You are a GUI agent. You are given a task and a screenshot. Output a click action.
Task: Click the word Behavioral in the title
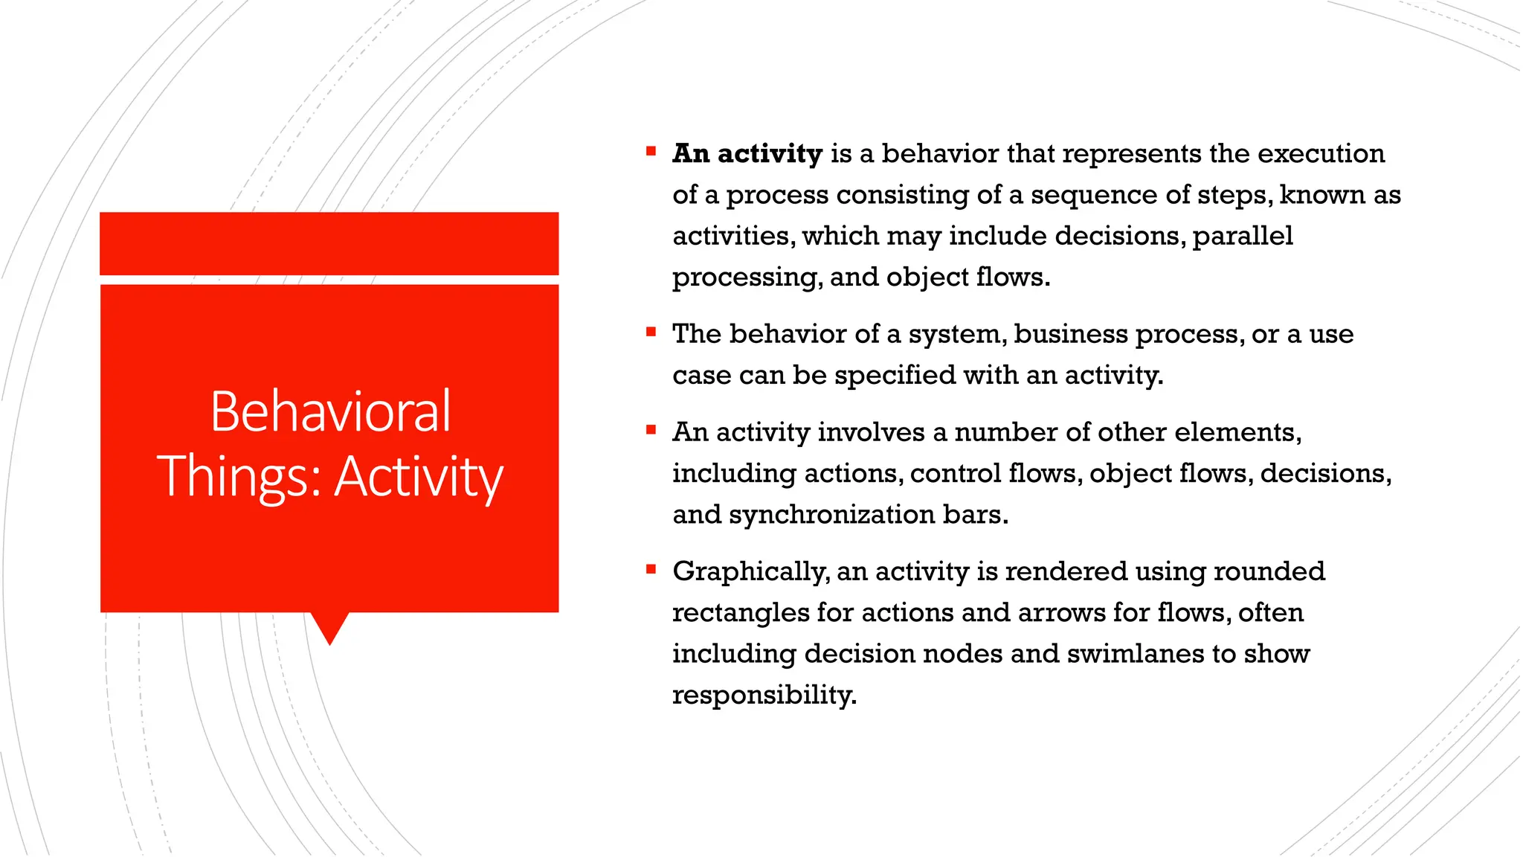(x=330, y=411)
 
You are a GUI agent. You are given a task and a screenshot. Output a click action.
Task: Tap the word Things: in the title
(x=239, y=476)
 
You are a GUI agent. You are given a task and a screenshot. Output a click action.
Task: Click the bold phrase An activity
(x=747, y=154)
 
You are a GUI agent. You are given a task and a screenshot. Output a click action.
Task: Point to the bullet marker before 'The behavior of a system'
(x=651, y=332)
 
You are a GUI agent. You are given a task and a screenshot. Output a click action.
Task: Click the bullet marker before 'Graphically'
(x=651, y=570)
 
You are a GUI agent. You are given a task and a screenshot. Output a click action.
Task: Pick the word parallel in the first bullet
(x=1243, y=236)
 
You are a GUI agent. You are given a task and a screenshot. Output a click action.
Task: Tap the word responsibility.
(x=764, y=696)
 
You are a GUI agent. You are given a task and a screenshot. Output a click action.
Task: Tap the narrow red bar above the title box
(x=329, y=243)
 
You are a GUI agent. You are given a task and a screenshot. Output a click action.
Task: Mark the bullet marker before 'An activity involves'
(x=651, y=430)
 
